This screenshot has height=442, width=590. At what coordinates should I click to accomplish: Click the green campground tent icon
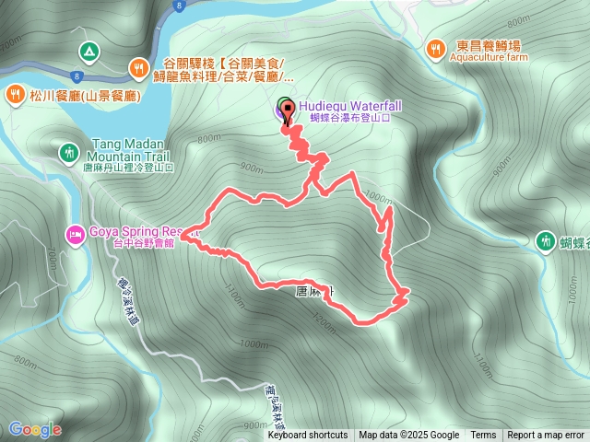tap(88, 51)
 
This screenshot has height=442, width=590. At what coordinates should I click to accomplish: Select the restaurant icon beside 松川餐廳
tap(16, 93)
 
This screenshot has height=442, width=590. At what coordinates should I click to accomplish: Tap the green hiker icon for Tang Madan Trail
tap(67, 152)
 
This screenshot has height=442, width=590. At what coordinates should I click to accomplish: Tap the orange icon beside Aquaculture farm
tap(436, 47)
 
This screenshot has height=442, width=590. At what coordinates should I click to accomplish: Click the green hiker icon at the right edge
tap(545, 240)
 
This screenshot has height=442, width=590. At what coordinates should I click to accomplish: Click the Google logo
tap(35, 429)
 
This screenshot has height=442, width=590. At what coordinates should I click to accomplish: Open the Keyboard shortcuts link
tap(308, 436)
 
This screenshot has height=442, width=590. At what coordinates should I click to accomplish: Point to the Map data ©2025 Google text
tap(409, 436)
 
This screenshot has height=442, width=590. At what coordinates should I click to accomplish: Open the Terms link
tap(483, 436)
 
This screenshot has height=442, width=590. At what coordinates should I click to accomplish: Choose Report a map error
tap(546, 436)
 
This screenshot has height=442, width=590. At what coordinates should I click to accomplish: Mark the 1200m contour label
tap(324, 321)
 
